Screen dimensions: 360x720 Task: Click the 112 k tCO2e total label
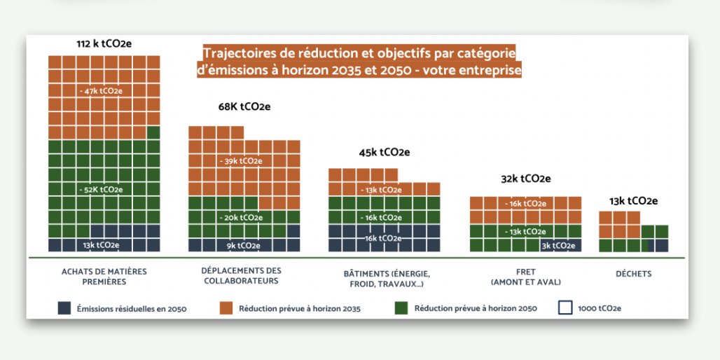point(104,44)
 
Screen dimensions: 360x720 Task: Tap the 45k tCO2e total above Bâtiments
point(385,152)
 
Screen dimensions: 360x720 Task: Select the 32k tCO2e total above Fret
point(525,179)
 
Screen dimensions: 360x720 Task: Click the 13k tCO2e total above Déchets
point(633,201)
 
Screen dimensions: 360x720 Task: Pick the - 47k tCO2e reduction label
point(102,91)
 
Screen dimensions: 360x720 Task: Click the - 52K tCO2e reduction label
point(102,189)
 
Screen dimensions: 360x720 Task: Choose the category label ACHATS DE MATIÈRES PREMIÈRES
point(104,276)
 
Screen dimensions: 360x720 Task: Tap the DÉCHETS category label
point(633,274)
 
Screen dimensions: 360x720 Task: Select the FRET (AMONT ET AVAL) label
point(525,276)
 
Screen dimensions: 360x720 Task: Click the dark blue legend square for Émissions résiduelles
point(64,307)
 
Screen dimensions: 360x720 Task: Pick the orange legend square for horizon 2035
point(225,307)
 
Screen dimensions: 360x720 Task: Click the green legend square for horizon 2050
point(401,307)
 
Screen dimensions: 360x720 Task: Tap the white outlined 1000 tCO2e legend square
point(565,307)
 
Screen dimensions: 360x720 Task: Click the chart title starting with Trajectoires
point(359,62)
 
